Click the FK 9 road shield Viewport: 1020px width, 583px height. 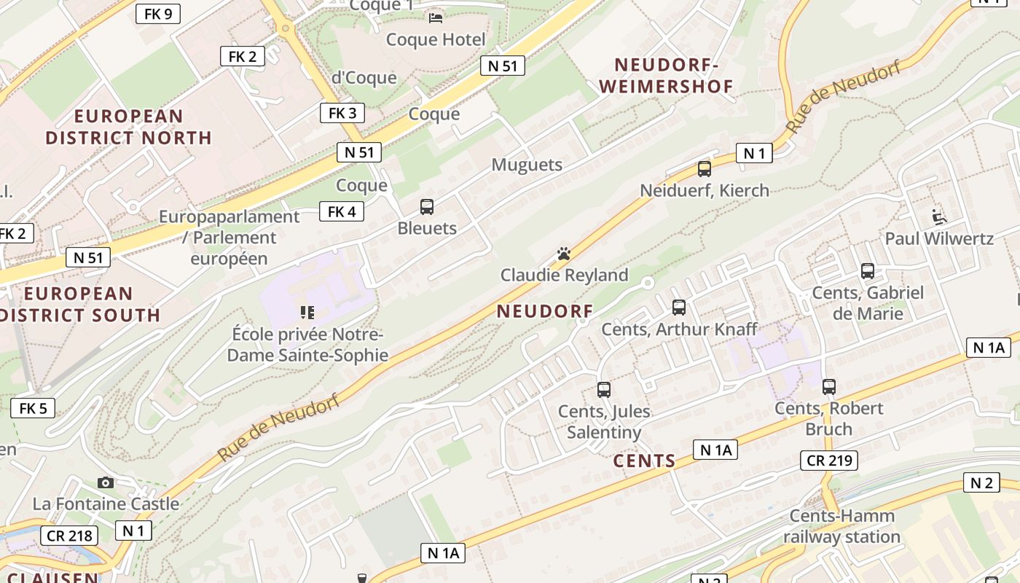click(158, 13)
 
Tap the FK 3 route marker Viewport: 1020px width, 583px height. click(342, 113)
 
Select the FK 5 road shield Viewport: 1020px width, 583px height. click(33, 408)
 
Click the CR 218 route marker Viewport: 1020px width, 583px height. click(69, 536)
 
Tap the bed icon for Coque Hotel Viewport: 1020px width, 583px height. click(436, 17)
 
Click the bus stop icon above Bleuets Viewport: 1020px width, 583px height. click(427, 207)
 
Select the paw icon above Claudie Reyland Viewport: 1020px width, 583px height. click(564, 254)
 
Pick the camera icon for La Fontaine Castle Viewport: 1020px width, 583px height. click(106, 482)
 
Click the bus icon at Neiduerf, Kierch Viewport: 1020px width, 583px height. click(705, 169)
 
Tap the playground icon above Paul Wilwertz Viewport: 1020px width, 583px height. click(939, 216)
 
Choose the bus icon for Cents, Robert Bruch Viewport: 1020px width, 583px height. click(829, 387)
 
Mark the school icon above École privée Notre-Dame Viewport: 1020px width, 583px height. click(307, 313)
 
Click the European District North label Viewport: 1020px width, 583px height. click(128, 127)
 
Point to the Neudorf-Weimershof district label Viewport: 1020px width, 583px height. click(666, 76)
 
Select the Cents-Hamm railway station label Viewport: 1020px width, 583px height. click(842, 527)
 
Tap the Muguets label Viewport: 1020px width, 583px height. click(527, 165)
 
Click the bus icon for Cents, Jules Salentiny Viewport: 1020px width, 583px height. click(604, 390)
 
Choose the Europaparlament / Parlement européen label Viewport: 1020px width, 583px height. click(229, 238)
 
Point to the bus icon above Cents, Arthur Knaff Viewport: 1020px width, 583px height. click(679, 308)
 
